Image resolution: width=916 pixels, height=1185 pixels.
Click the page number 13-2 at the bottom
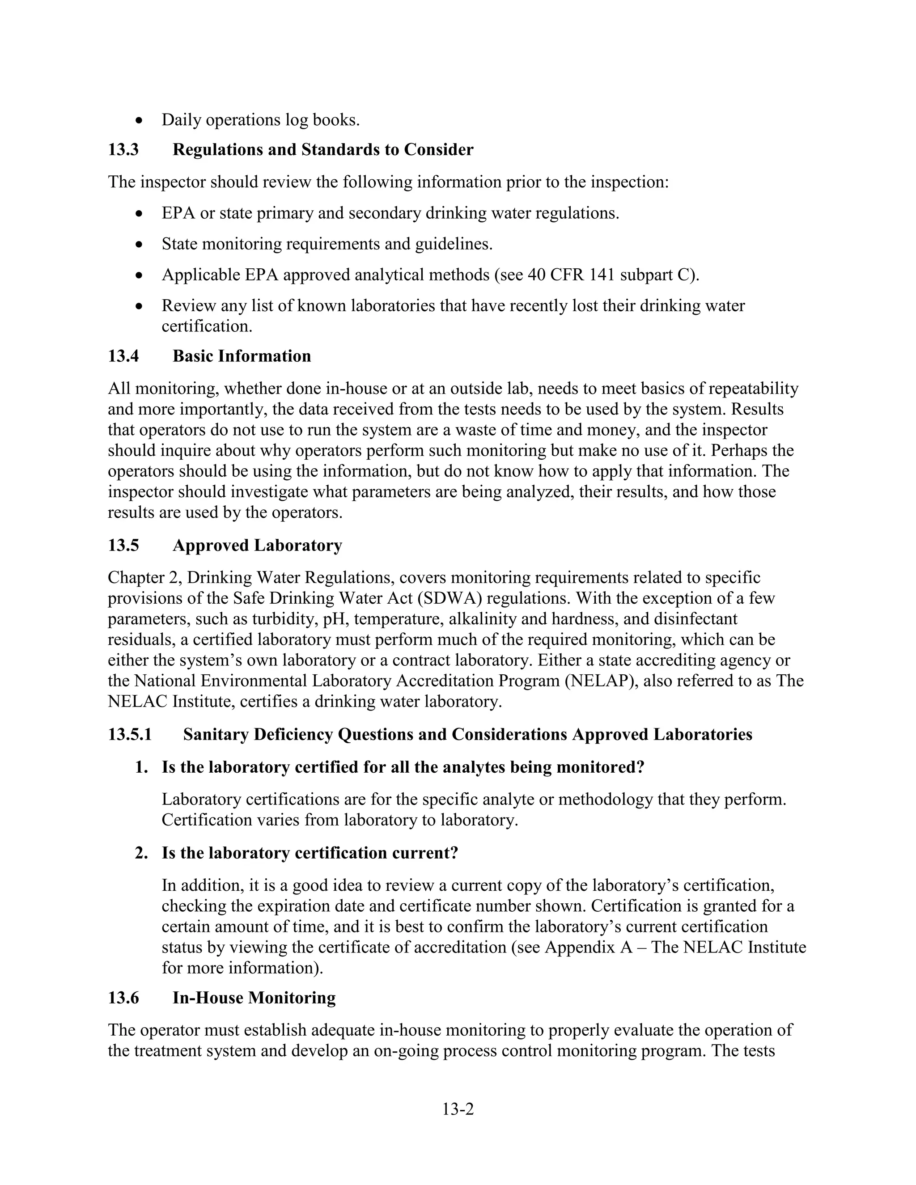tap(458, 1109)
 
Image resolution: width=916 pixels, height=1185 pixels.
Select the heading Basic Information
tap(242, 356)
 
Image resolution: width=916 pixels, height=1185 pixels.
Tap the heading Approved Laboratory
tap(257, 545)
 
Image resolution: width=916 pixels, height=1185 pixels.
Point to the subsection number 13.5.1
tap(130, 735)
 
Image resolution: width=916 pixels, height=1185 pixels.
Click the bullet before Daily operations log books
tap(140, 120)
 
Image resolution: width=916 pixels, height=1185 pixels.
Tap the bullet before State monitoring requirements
tap(140, 245)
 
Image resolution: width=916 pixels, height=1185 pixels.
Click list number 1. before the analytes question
tap(142, 768)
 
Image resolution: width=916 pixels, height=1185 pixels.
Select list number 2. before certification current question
tap(142, 854)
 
